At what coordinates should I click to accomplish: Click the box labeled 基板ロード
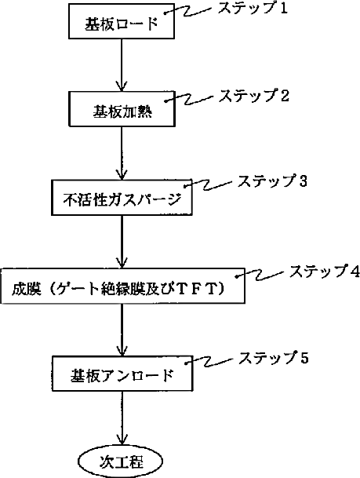click(x=122, y=21)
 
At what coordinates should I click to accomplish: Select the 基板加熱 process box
click(x=122, y=109)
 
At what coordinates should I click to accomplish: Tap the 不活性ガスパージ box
click(x=122, y=198)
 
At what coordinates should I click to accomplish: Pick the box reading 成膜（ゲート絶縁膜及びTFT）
click(x=122, y=286)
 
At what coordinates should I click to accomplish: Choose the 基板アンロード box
click(x=122, y=374)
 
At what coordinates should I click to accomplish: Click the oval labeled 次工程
click(x=121, y=462)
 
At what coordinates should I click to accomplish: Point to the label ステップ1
click(x=253, y=8)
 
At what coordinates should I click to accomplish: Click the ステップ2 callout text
click(x=253, y=96)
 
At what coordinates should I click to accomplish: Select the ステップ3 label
click(x=272, y=181)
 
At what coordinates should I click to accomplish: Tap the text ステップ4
click(x=325, y=271)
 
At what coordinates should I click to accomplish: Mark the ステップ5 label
click(x=273, y=357)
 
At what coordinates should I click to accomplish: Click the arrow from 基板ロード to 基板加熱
click(x=122, y=65)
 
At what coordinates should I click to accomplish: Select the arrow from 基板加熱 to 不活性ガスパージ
click(x=122, y=153)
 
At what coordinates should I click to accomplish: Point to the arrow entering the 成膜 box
click(x=122, y=242)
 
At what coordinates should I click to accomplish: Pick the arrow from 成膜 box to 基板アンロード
click(x=122, y=330)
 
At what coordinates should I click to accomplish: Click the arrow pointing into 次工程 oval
click(x=122, y=418)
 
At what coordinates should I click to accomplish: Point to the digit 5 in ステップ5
click(x=304, y=358)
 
